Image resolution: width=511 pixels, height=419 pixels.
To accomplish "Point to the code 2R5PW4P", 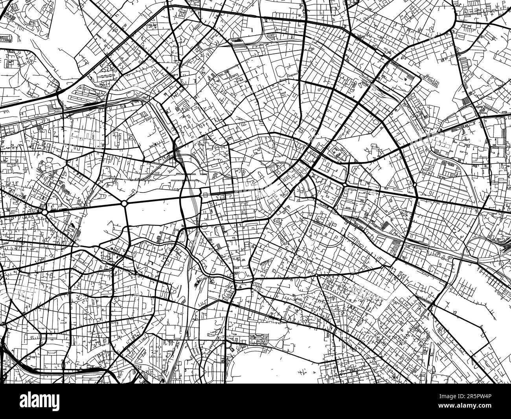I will click(487, 395).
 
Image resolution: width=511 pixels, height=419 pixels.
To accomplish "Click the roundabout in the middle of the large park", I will click(124, 203).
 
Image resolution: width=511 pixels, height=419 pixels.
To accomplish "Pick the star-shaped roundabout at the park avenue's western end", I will click(45, 212).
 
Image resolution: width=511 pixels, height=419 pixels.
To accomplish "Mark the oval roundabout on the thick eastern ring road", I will click(415, 184).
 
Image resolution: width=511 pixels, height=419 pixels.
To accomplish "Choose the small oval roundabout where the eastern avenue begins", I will click(344, 184).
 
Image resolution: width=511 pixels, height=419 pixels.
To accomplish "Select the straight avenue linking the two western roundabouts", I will click(85, 208).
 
